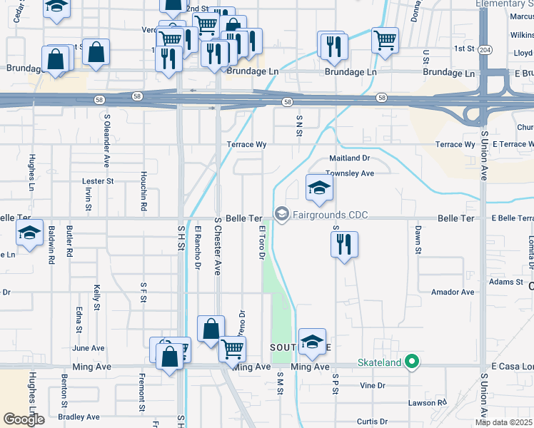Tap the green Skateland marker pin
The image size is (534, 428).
pyautogui.click(x=411, y=362)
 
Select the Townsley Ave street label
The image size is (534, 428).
pyautogui.click(x=350, y=173)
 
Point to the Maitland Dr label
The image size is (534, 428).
pyautogui.click(x=349, y=158)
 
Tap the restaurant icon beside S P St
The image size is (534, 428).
pyautogui.click(x=344, y=245)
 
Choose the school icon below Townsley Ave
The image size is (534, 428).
pyautogui.click(x=319, y=188)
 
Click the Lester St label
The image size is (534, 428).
pyautogui.click(x=98, y=181)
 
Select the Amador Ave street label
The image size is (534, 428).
pyautogui.click(x=453, y=292)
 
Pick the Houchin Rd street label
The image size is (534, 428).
pyautogui.click(x=143, y=197)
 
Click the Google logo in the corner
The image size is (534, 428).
pyautogui.click(x=23, y=419)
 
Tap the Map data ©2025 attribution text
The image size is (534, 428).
pyautogui.click(x=504, y=422)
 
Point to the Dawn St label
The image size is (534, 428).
pyautogui.click(x=417, y=235)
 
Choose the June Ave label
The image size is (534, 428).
pyautogui.click(x=89, y=348)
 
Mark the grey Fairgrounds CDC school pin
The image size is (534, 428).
pyautogui.click(x=282, y=214)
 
